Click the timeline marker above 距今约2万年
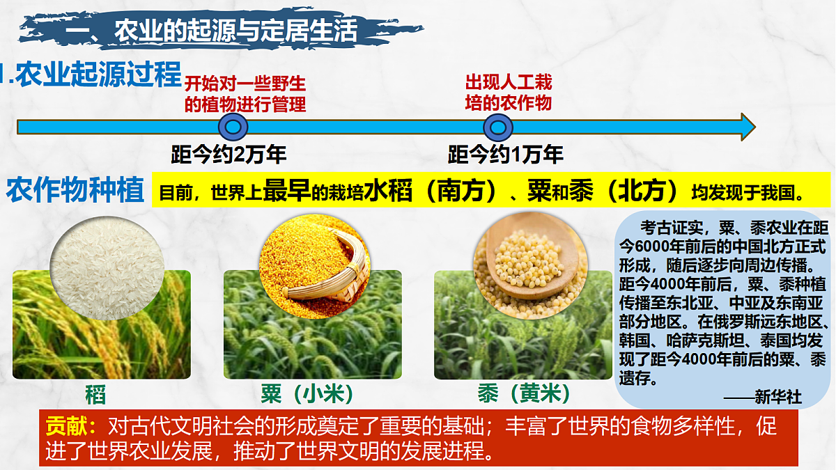[x=233, y=127]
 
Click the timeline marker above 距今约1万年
[x=498, y=127]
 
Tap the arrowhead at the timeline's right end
[x=748, y=127]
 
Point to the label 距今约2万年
[x=229, y=154]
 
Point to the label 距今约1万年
[x=505, y=154]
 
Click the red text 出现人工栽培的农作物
[x=509, y=93]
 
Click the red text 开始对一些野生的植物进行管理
[x=245, y=94]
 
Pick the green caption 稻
[x=95, y=394]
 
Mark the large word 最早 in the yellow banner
[x=286, y=190]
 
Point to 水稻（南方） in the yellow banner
[x=433, y=190]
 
